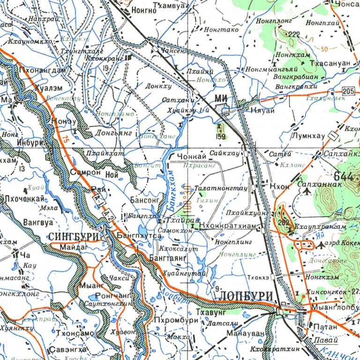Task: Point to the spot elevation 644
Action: tap(344, 177)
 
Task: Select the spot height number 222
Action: tap(294, 34)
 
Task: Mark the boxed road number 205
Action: tap(348, 90)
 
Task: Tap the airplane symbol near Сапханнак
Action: tap(307, 191)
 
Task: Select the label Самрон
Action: tap(85, 172)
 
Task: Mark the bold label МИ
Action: tap(221, 97)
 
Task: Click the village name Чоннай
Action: tap(192, 157)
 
